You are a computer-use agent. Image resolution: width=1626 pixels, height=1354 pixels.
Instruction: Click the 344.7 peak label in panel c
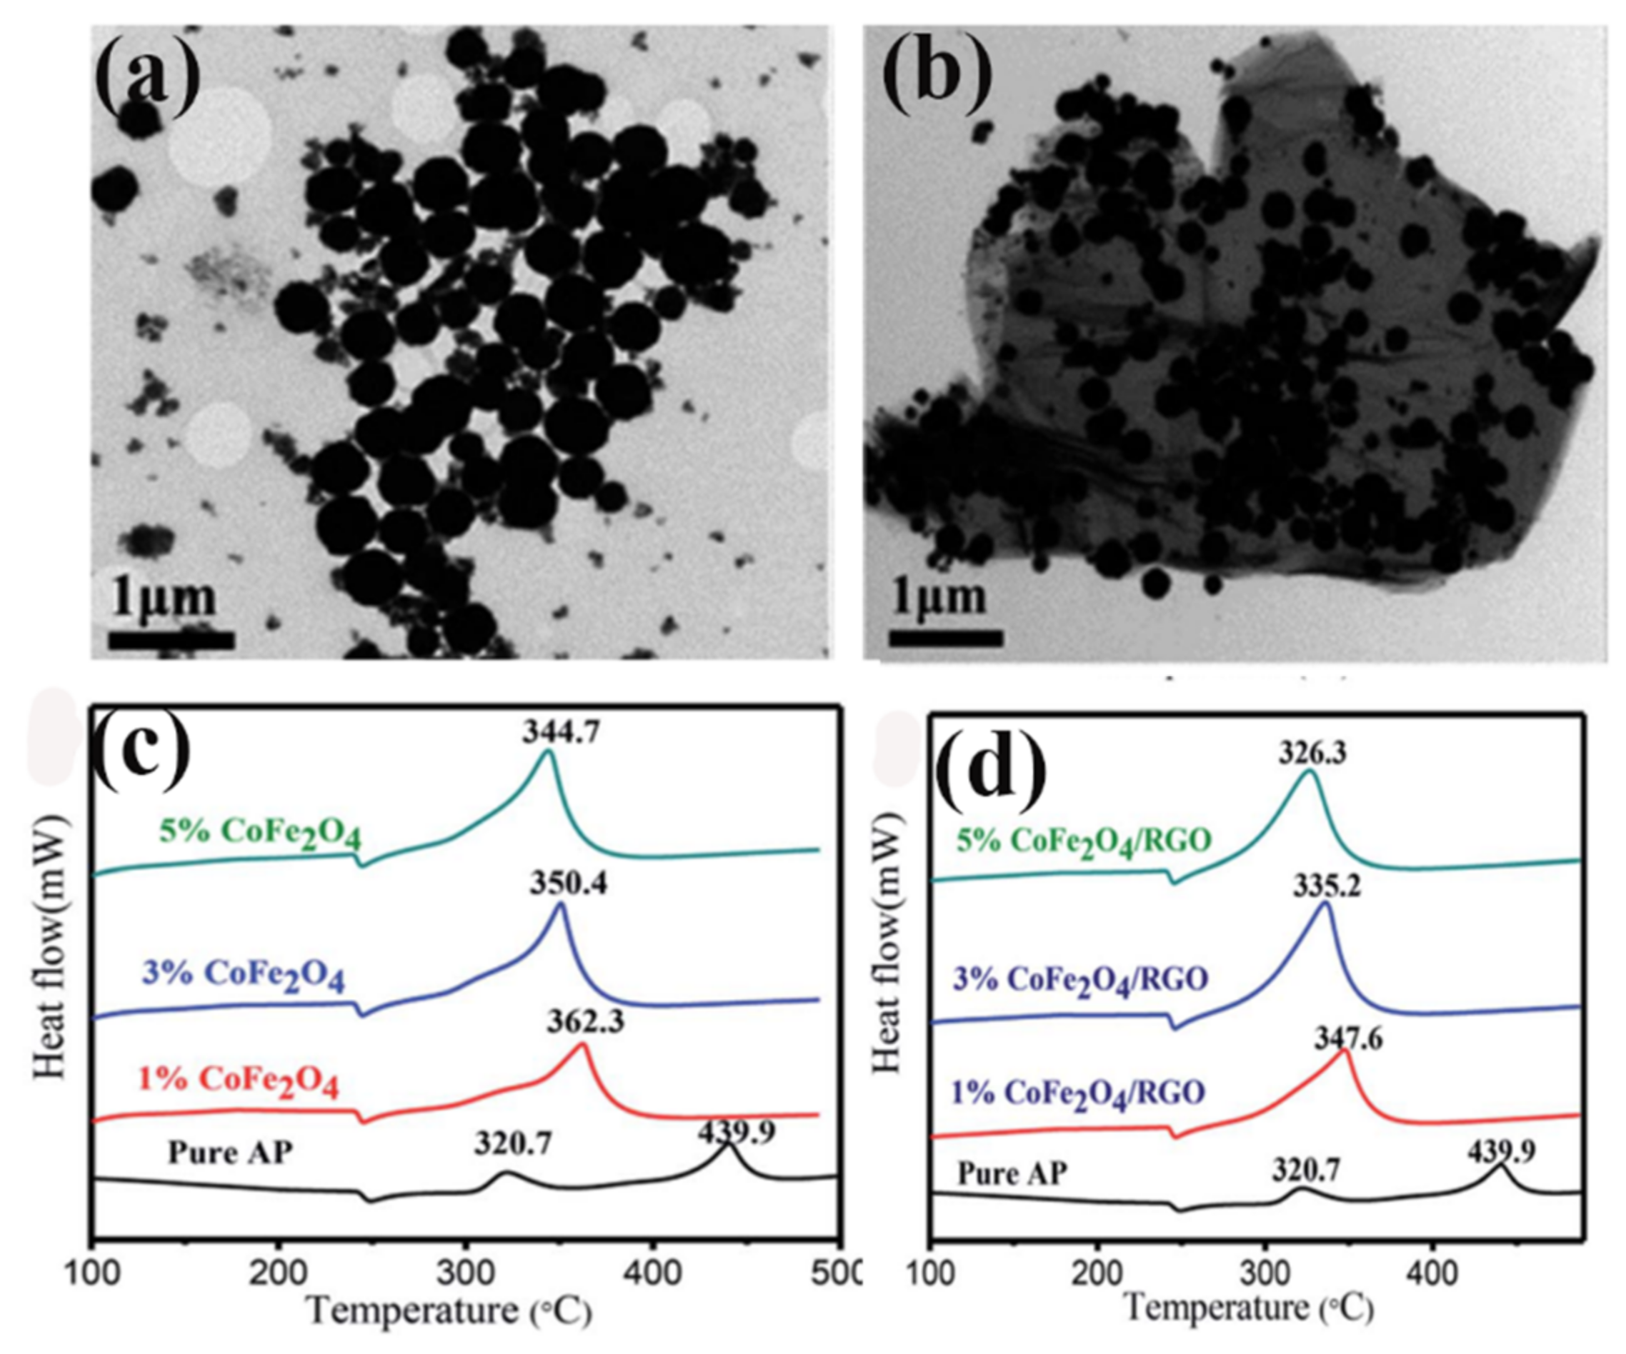(x=561, y=731)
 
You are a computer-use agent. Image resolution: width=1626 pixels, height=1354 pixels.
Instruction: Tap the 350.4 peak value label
(x=569, y=883)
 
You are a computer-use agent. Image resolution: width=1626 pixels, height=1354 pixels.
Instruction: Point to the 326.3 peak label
(x=1312, y=753)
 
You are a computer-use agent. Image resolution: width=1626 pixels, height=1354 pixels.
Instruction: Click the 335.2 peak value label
(x=1327, y=887)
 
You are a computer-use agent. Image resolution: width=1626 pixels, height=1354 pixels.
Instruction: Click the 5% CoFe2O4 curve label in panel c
(x=260, y=833)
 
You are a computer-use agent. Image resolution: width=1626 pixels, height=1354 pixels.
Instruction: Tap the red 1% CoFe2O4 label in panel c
(x=239, y=1080)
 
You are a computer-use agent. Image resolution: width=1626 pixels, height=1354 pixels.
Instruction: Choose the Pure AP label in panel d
(x=1011, y=1173)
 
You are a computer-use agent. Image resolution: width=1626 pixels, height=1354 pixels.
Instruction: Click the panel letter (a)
(x=147, y=76)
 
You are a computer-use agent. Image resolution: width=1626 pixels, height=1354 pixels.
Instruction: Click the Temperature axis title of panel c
(x=449, y=1311)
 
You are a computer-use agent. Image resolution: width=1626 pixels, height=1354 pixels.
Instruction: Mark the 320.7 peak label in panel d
(x=1305, y=1170)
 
